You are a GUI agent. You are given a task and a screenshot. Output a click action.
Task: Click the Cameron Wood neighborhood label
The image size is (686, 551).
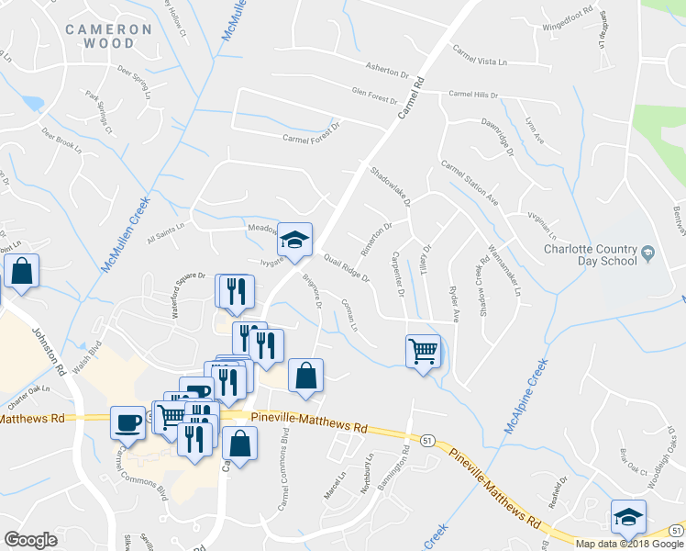[108, 36]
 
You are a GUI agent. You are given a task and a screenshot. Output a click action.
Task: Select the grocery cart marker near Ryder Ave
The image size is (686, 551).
[423, 350]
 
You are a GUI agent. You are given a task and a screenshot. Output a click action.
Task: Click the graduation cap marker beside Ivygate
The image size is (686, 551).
[294, 240]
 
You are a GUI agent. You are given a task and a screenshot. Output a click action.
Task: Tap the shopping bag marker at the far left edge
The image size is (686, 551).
[20, 271]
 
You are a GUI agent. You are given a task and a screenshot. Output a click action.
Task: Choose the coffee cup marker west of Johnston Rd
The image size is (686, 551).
[127, 422]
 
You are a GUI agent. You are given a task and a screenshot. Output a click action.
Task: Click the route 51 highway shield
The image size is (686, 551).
[428, 441]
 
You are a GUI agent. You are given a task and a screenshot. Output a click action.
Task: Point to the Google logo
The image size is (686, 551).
[30, 540]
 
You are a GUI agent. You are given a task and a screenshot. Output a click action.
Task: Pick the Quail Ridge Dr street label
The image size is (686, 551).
[346, 268]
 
